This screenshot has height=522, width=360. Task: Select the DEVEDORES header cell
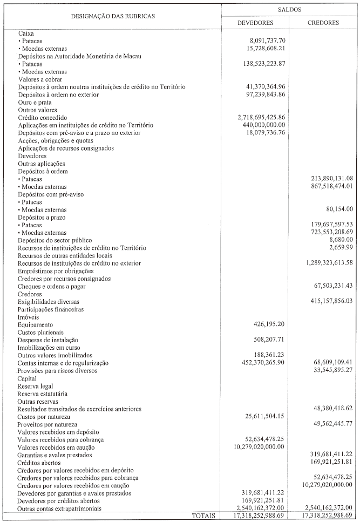[255, 23]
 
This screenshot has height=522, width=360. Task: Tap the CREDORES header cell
[323, 23]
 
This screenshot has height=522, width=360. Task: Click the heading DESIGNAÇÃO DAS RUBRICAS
[113, 16]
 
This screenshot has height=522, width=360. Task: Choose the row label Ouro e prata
[34, 102]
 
